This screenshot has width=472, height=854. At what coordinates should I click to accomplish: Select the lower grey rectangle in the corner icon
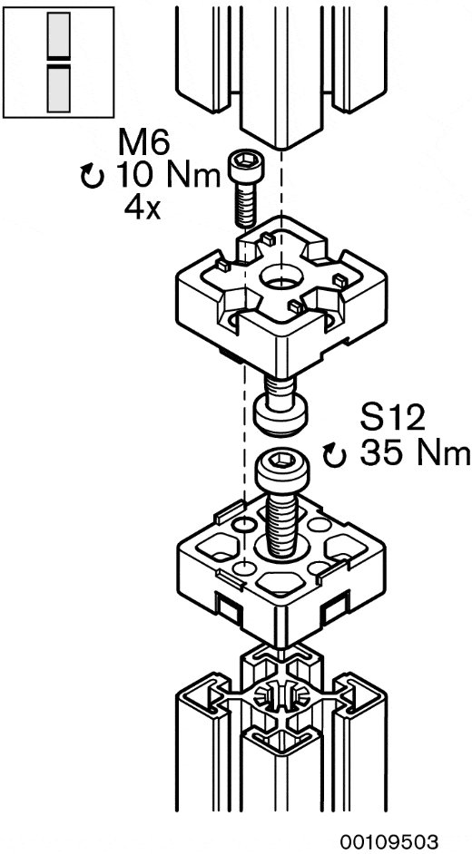(x=58, y=89)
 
